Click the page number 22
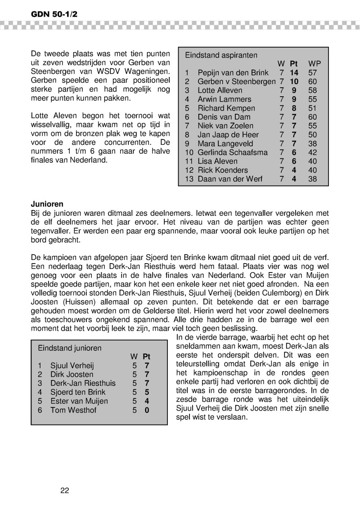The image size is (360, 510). [x=64, y=490]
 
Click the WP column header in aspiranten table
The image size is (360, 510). [x=315, y=64]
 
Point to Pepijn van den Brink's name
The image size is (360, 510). [x=233, y=73]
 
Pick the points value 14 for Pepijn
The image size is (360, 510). [x=294, y=73]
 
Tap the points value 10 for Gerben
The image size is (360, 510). [x=294, y=81]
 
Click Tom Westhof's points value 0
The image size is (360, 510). [x=147, y=410]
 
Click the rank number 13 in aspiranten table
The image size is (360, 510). [x=189, y=179]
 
